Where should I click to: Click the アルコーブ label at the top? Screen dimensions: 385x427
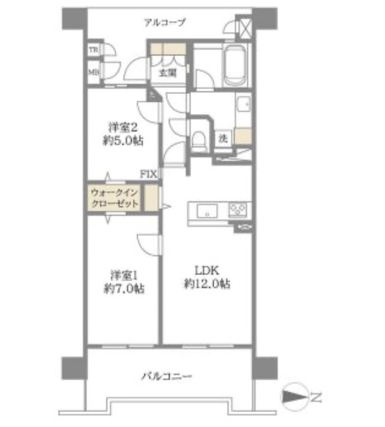point(165,22)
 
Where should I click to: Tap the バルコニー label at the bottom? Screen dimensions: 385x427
point(167,376)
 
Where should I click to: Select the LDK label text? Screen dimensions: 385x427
point(206,271)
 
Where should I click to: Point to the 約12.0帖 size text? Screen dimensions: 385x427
point(207,284)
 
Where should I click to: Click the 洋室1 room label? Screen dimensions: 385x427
point(124,276)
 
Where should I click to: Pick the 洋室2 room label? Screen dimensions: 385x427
point(123,127)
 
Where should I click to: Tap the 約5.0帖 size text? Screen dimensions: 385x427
point(123,140)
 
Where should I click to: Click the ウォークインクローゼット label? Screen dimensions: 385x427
point(115,198)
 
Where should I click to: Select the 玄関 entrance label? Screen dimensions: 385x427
point(168,73)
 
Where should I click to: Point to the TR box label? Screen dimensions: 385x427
point(93,50)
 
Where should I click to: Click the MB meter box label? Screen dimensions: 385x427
point(93,72)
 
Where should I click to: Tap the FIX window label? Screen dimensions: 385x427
point(149,174)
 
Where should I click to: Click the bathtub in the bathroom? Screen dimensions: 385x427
point(235,65)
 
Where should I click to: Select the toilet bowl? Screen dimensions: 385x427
point(198,139)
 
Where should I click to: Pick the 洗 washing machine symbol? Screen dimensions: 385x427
point(223,139)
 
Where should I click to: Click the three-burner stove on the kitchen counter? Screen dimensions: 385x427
point(237,210)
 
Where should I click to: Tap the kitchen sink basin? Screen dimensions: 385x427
point(208,211)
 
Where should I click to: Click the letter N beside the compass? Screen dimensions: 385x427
point(316,397)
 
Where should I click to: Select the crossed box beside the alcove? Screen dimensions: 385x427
point(245,28)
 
